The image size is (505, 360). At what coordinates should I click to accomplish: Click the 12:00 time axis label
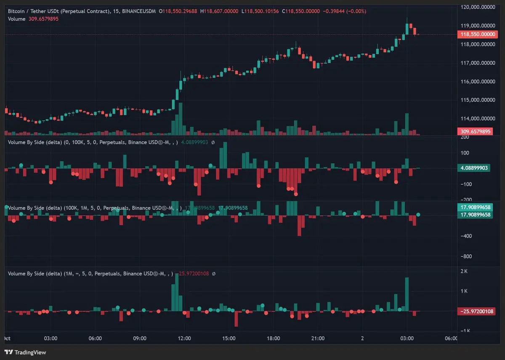click(184, 338)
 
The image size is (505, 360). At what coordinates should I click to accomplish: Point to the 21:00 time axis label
click(318, 338)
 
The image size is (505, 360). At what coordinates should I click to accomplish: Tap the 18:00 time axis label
click(273, 338)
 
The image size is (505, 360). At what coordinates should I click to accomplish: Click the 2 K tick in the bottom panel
click(464, 271)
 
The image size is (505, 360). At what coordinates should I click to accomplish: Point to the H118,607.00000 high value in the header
click(219, 11)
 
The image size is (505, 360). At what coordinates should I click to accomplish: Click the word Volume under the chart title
click(16, 19)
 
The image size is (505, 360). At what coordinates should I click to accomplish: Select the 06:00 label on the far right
click(451, 338)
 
